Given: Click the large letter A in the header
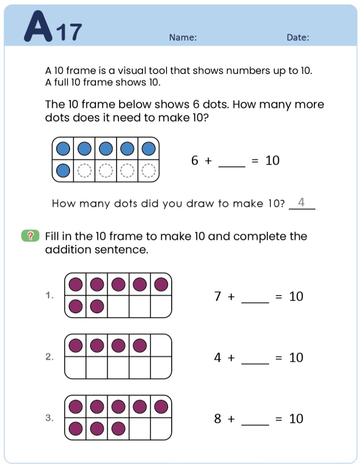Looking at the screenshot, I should coord(38,26).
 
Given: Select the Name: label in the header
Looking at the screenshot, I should coord(183,38).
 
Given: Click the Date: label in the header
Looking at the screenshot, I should coord(298,38).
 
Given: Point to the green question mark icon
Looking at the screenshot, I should coord(30,236).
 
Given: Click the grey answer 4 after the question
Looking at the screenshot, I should coord(302,202).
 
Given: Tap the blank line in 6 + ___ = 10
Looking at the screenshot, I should coord(232,166).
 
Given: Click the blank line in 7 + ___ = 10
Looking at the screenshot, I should coord(256,302).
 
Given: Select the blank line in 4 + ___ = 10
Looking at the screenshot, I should coord(256,363).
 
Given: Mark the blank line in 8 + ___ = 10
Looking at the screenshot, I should coord(256,425).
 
